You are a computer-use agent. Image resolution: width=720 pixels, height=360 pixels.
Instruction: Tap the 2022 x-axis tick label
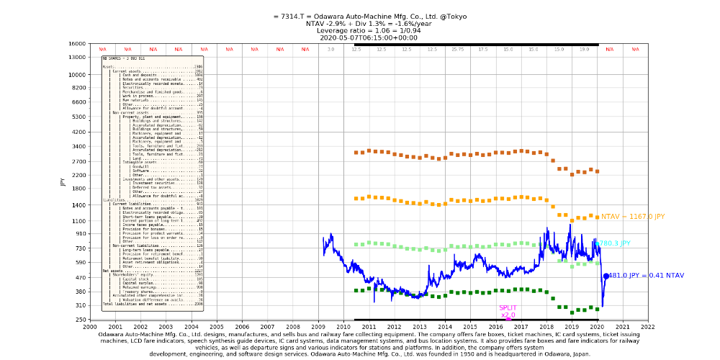point(648,326)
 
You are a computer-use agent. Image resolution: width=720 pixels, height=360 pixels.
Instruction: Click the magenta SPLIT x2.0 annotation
point(508,312)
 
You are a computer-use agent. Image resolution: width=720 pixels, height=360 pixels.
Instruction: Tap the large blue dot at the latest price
point(606,276)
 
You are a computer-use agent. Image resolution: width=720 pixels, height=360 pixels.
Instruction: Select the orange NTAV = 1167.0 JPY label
point(633,216)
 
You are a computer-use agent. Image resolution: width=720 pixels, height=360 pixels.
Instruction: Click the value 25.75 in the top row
point(457,50)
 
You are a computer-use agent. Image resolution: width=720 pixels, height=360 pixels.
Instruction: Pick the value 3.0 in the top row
point(330,50)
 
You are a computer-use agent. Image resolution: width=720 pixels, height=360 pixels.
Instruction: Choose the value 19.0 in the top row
point(584,50)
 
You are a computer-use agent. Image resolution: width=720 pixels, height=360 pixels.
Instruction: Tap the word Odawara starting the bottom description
point(114,334)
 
